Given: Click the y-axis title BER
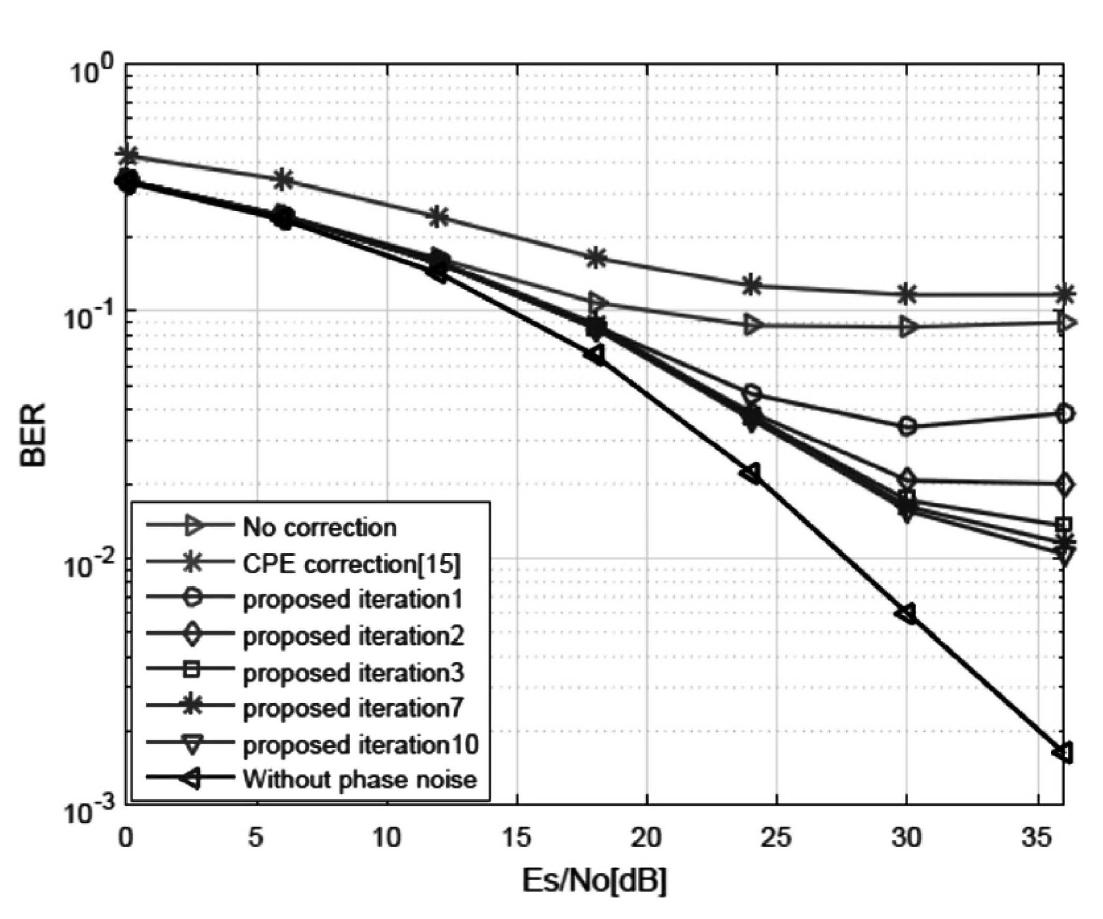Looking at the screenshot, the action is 33,434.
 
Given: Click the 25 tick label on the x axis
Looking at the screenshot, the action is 776,838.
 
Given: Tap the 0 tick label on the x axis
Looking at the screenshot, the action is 125,838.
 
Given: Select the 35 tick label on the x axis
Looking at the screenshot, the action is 1037,838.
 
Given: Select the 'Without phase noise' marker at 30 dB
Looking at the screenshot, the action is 907,613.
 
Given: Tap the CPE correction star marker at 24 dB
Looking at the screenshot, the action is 752,286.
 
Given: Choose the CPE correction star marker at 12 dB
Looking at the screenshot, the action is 439,216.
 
